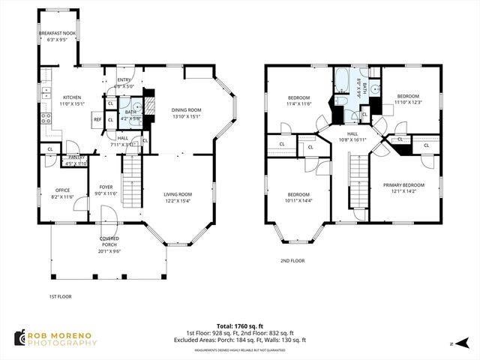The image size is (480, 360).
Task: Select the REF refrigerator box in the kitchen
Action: click(x=97, y=119)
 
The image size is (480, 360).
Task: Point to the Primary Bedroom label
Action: click(x=403, y=185)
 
